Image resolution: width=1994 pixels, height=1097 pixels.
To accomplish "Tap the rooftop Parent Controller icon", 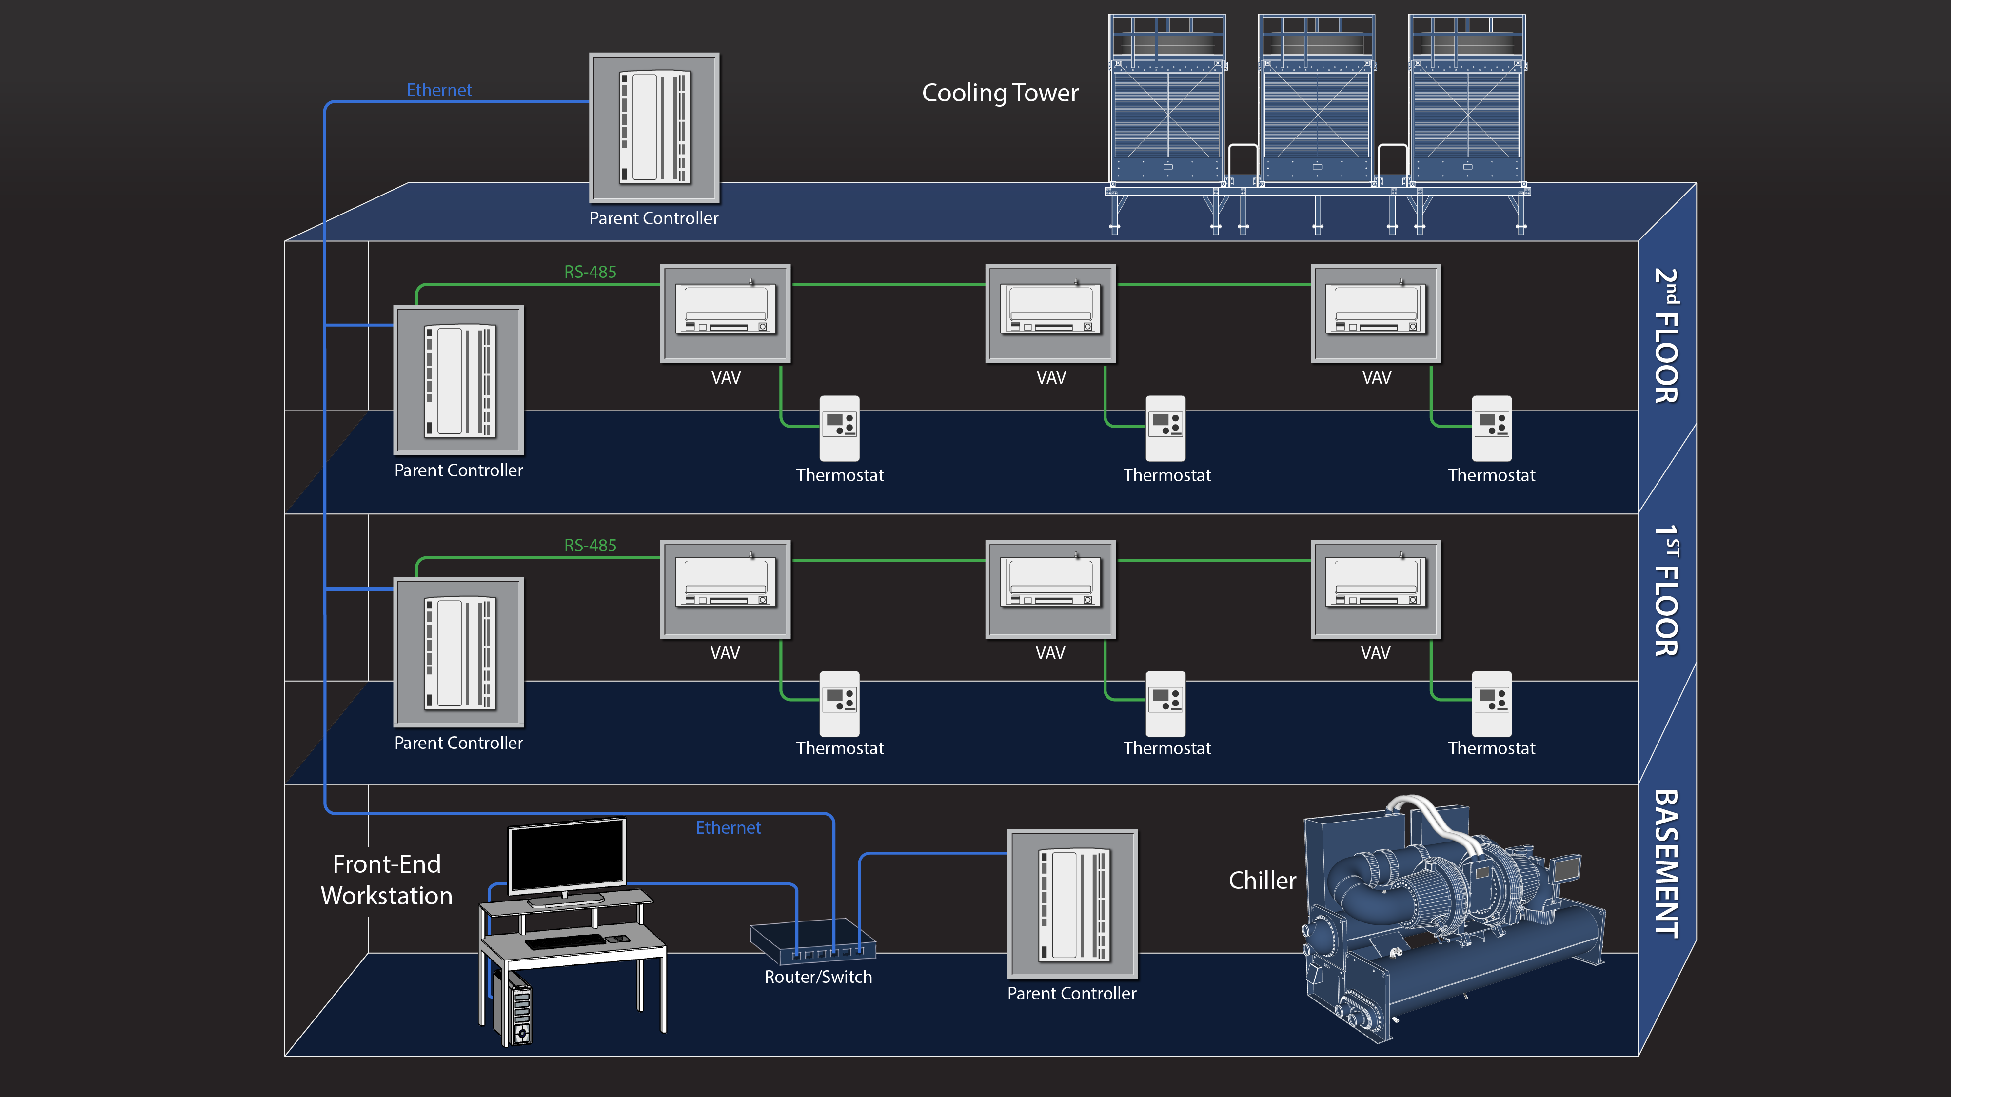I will pos(654,128).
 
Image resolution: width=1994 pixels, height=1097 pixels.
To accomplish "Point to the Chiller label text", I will pos(1262,880).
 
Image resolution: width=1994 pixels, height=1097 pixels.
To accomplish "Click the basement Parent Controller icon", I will pos(1072,904).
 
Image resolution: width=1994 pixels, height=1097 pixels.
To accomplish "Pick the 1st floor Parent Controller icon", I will pos(458,653).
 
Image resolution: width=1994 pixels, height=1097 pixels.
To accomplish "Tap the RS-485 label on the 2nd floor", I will pos(590,272).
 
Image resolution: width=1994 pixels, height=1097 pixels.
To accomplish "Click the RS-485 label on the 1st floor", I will pos(590,545).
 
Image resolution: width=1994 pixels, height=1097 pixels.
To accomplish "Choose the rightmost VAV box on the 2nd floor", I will pos(1376,313).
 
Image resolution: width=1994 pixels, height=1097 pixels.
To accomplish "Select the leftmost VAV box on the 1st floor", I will pos(725,589).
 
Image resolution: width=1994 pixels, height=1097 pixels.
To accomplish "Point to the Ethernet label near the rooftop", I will pos(439,90).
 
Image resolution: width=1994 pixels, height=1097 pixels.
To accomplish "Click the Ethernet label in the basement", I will pos(728,827).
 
